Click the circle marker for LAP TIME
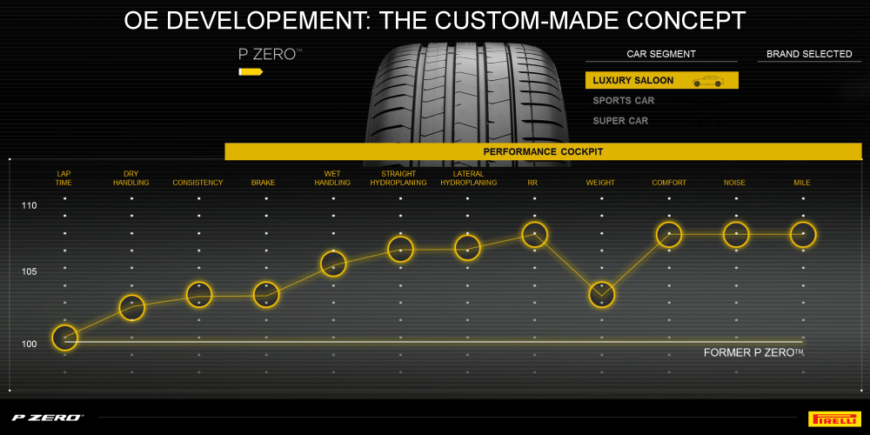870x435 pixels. (x=64, y=337)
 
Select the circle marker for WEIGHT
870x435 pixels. (x=601, y=294)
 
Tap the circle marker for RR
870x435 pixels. (x=534, y=234)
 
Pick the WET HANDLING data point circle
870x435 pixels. (x=333, y=263)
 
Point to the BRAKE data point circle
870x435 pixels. (x=266, y=294)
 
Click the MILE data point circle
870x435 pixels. (x=802, y=234)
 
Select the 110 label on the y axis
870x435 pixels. (x=30, y=206)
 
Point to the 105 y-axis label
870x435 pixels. (x=30, y=272)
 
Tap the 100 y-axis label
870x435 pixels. (x=30, y=344)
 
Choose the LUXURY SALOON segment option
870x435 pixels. (x=633, y=81)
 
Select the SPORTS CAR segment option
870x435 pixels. (x=623, y=101)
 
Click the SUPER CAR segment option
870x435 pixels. (x=620, y=121)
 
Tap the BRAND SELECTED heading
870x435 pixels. (x=809, y=54)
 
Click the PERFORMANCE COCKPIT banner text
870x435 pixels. (x=543, y=151)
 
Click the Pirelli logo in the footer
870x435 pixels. (x=833, y=418)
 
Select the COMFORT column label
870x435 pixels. (x=669, y=183)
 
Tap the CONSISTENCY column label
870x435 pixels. (x=197, y=183)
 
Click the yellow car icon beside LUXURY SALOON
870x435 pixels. (x=707, y=82)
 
